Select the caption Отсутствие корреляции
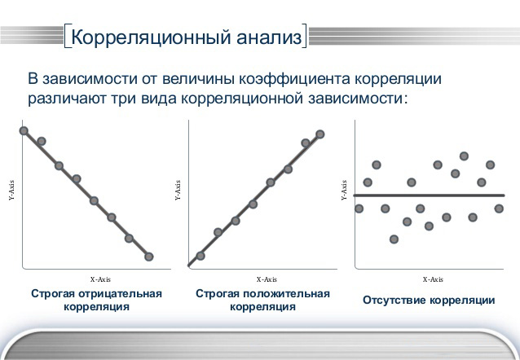[429, 300]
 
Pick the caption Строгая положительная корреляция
[262, 300]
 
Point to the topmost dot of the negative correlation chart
[24, 130]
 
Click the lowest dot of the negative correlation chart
[148, 257]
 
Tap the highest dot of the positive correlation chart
[320, 134]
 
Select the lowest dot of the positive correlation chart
[201, 256]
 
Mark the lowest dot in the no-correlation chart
[394, 239]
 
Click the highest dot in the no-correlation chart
[465, 156]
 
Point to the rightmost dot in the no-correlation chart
[499, 209]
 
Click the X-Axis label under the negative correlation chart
[100, 278]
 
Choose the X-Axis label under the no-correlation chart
[433, 278]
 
